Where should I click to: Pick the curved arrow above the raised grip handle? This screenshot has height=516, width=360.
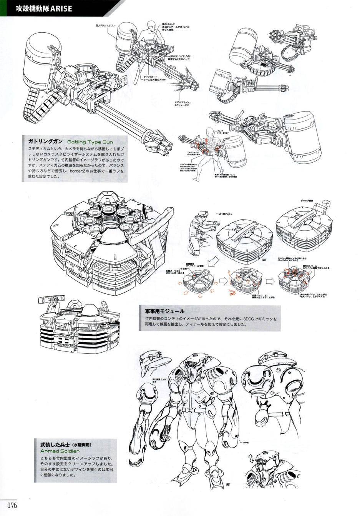(x=325, y=203)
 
